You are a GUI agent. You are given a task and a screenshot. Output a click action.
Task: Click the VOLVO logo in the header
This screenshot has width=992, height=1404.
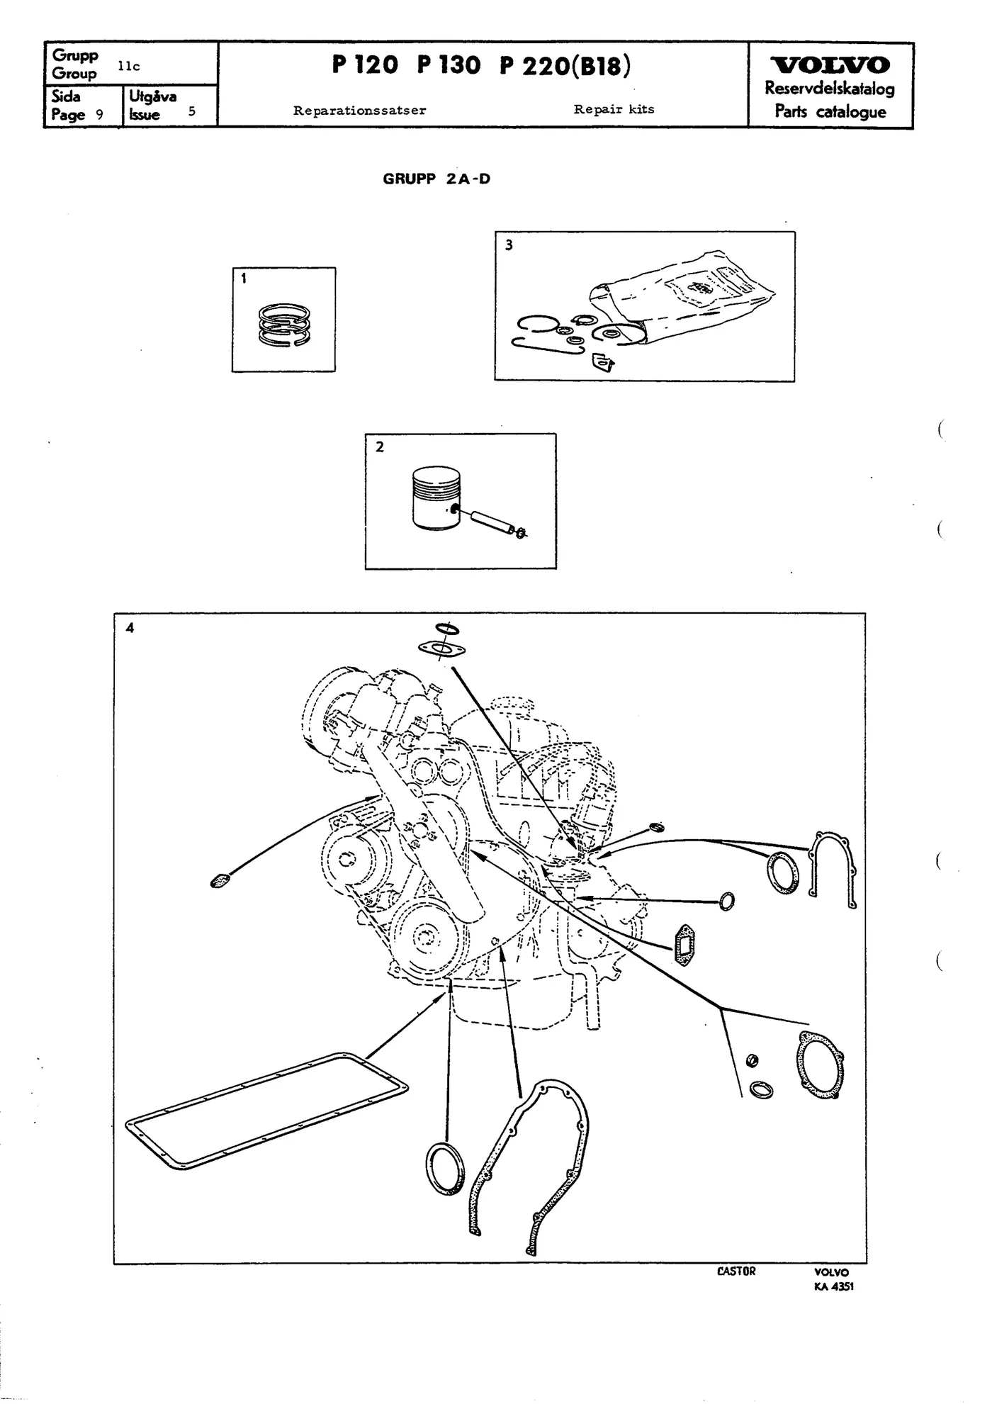click(830, 65)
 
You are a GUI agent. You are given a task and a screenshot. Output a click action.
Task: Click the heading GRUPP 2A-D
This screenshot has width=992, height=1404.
click(436, 179)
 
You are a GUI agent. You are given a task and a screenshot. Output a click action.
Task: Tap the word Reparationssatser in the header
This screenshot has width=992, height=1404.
click(360, 111)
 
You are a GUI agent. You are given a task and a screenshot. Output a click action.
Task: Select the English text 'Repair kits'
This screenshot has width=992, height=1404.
click(614, 109)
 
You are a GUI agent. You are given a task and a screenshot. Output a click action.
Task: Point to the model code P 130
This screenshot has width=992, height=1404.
click(449, 65)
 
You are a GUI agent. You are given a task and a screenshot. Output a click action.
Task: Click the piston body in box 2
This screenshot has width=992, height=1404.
click(436, 498)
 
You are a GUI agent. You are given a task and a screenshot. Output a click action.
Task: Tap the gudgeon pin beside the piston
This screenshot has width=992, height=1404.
click(488, 522)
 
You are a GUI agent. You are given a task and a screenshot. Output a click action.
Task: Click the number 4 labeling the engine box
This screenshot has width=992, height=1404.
click(130, 627)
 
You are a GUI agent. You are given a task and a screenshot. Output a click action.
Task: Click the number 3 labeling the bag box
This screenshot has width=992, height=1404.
click(509, 245)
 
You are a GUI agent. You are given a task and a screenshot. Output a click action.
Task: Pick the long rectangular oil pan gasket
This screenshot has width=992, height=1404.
click(266, 1111)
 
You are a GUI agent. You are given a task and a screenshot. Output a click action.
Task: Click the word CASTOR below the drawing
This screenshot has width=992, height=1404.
click(736, 1271)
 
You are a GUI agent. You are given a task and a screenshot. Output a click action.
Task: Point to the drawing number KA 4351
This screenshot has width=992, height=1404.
click(833, 1286)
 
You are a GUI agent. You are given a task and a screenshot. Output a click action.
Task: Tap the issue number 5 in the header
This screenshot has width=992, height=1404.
click(191, 111)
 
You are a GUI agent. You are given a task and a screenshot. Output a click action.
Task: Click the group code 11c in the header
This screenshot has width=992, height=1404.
click(129, 67)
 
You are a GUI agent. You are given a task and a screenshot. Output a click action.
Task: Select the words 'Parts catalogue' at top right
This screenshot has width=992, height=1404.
click(830, 111)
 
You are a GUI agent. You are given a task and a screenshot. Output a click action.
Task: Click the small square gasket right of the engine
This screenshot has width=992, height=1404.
click(683, 945)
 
